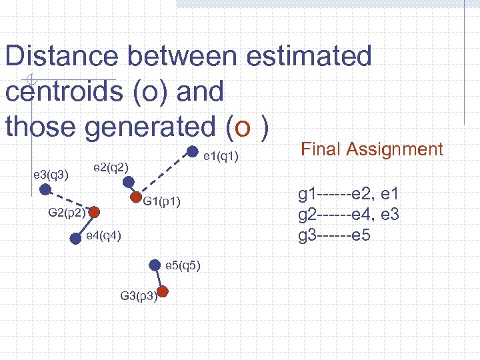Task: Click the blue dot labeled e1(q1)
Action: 191,151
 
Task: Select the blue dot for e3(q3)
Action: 45,189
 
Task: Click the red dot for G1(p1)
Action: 136,197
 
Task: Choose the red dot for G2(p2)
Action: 95,213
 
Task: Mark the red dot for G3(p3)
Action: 163,291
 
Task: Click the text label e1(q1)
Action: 221,157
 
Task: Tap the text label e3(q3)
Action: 50,175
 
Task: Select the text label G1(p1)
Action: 162,201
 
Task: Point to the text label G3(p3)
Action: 138,295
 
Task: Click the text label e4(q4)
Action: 103,237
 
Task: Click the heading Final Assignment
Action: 372,149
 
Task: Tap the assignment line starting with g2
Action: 349,215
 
